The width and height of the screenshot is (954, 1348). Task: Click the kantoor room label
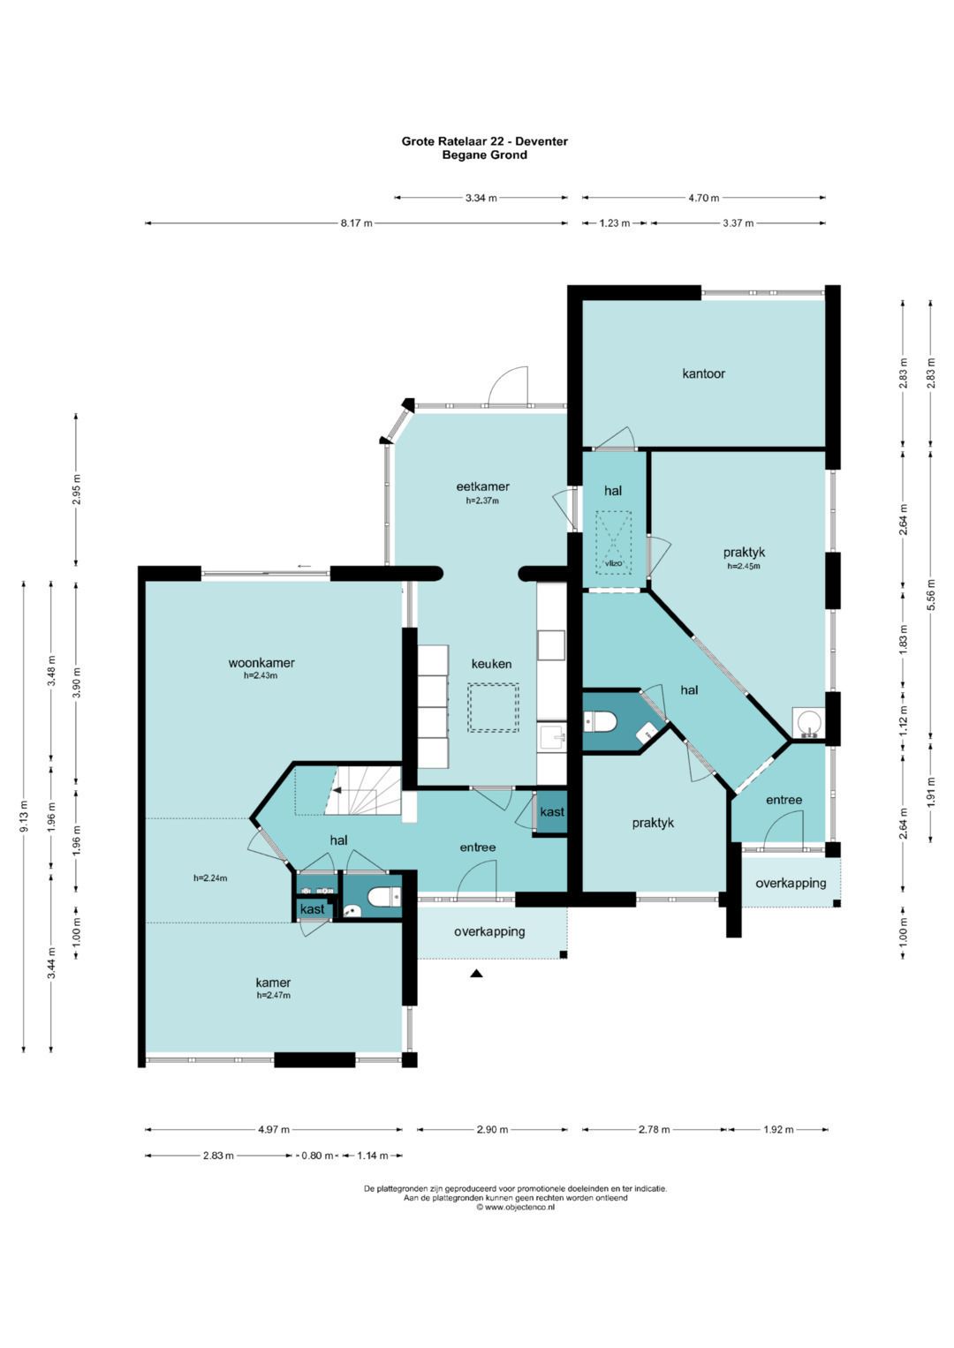tap(703, 373)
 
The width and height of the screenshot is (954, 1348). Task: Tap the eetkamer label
tap(482, 486)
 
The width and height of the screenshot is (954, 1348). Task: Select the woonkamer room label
tap(261, 663)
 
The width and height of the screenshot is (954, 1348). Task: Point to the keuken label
tap(491, 664)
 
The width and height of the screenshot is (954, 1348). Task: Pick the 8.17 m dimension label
tap(357, 223)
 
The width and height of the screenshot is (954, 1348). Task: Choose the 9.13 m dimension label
tap(24, 817)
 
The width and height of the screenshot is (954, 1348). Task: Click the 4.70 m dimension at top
tap(703, 198)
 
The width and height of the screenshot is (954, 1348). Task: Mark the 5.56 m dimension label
tap(930, 594)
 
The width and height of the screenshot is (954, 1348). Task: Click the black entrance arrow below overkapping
tap(476, 973)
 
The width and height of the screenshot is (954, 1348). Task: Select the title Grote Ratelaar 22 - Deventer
tap(485, 141)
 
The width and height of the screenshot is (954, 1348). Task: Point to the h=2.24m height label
tap(210, 878)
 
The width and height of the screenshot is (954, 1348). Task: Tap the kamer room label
tap(273, 983)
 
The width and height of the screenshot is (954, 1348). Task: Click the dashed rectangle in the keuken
tap(493, 708)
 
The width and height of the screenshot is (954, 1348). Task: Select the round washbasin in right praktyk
tap(807, 721)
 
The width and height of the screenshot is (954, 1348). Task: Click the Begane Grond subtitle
tap(485, 155)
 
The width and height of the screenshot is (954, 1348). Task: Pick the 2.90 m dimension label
tap(492, 1130)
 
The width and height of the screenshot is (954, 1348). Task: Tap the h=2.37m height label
tap(482, 501)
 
